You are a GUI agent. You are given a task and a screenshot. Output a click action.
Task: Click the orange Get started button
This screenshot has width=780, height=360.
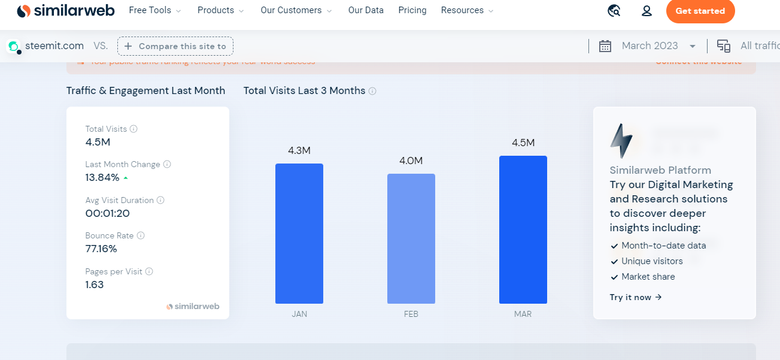tap(700, 11)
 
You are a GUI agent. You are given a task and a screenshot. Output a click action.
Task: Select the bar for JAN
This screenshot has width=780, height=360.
tap(299, 234)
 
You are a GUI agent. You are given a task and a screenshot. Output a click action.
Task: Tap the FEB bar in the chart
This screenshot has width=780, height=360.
tap(411, 238)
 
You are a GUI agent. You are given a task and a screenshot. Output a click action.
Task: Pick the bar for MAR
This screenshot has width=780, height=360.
tap(523, 229)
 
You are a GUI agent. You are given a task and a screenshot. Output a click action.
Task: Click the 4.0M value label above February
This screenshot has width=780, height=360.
tap(411, 161)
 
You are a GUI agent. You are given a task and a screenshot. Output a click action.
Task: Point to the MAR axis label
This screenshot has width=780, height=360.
tap(523, 314)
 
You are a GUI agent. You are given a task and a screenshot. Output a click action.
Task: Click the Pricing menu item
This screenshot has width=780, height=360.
tap(412, 10)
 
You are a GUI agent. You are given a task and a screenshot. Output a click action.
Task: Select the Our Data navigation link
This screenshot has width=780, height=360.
tap(366, 10)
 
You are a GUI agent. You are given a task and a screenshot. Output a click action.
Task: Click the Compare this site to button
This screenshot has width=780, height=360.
tap(175, 46)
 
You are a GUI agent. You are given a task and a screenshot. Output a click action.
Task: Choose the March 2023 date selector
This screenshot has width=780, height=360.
tap(650, 46)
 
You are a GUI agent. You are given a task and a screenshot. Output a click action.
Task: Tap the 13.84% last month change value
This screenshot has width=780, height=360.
tap(102, 177)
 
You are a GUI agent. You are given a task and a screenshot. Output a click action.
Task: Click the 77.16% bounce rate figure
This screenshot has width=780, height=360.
tap(101, 249)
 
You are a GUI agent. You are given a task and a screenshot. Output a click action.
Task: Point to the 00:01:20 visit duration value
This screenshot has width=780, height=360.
tap(108, 213)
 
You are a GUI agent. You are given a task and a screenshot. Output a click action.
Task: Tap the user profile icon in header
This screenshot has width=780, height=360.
tap(647, 11)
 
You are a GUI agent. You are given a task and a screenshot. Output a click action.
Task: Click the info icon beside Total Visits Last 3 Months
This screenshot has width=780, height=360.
tap(372, 91)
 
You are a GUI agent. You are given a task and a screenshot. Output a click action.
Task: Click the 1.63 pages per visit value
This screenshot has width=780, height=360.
tap(95, 285)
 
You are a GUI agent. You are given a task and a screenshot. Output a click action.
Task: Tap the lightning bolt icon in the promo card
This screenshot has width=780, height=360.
tap(621, 141)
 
